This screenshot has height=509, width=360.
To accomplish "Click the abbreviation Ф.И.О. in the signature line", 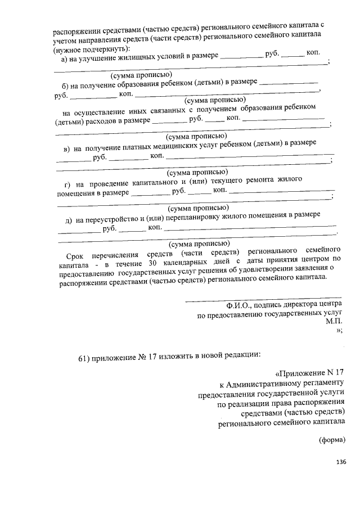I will (x=238, y=304).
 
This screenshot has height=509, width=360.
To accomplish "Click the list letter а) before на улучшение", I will (x=65, y=58).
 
